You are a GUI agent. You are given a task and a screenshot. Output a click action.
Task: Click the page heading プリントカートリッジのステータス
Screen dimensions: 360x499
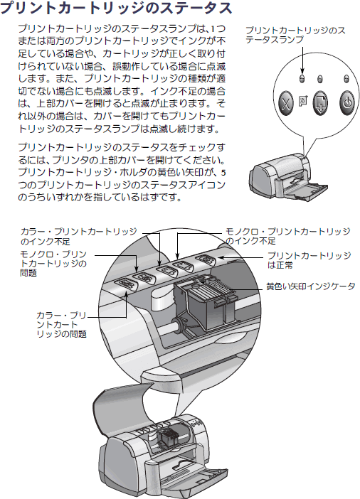pyautogui.click(x=116, y=8)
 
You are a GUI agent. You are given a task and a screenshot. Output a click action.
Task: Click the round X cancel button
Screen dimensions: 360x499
pyautogui.click(x=286, y=103)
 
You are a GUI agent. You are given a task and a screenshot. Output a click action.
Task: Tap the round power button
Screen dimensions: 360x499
pyautogui.click(x=347, y=102)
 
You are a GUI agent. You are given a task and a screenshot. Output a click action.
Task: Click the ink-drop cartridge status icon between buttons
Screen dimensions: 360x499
pyautogui.click(x=303, y=101)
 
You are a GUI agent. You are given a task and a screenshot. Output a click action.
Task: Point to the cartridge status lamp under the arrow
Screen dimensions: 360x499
pyautogui.click(x=302, y=78)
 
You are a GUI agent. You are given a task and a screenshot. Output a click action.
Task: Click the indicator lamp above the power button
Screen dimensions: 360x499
pyautogui.click(x=347, y=78)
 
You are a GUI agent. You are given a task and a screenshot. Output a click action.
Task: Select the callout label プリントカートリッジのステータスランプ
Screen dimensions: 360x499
pyautogui.click(x=295, y=35)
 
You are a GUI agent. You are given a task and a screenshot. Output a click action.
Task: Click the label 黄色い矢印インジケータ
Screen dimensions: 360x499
pyautogui.click(x=311, y=286)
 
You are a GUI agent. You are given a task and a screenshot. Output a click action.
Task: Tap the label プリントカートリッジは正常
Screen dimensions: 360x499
pyautogui.click(x=309, y=260)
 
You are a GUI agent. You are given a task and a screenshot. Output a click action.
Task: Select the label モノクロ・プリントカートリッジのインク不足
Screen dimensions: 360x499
pyautogui.click(x=287, y=236)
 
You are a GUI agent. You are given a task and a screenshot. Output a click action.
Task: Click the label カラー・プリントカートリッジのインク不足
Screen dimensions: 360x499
pyautogui.click(x=78, y=237)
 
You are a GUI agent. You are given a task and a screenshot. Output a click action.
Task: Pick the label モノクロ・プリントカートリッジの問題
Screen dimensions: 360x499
pyautogui.click(x=53, y=264)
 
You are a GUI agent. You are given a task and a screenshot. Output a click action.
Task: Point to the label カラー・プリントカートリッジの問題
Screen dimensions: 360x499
pyautogui.click(x=61, y=325)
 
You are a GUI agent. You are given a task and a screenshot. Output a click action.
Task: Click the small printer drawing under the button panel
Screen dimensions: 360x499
pyautogui.click(x=288, y=178)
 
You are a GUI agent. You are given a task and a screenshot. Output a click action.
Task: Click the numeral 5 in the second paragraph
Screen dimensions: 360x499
pyautogui.click(x=223, y=173)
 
